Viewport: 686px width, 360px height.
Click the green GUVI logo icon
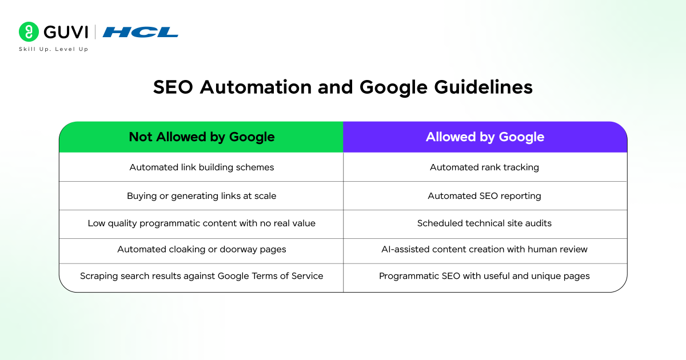[29, 32]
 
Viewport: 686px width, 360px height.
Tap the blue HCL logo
[141, 32]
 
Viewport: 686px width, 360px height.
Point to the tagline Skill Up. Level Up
[54, 49]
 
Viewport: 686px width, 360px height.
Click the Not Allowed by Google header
[201, 137]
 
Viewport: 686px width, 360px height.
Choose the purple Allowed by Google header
[485, 137]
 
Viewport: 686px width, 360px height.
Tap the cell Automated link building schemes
[201, 167]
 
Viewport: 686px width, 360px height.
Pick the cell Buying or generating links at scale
[201, 196]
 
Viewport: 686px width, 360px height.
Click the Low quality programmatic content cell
[201, 223]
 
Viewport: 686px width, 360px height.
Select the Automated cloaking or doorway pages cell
[201, 249]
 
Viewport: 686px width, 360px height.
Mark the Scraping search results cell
[201, 276]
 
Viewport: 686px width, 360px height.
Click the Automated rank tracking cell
[485, 167]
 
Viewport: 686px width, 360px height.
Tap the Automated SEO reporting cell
[485, 196]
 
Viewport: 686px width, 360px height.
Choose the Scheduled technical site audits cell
[485, 223]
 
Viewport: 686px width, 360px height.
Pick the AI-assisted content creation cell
[485, 249]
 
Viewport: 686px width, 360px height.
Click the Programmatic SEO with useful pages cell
[485, 276]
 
